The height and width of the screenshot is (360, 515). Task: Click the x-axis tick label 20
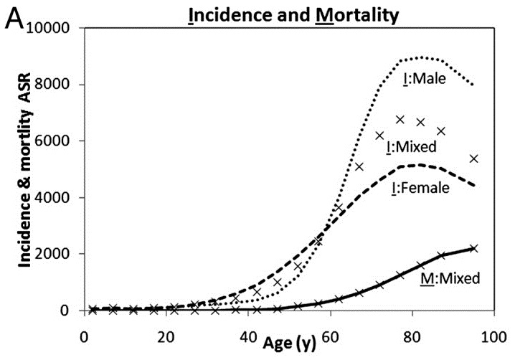click(166, 336)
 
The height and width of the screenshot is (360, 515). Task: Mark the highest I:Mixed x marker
click(400, 120)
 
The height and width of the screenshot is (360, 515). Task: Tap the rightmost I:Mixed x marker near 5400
click(473, 158)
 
